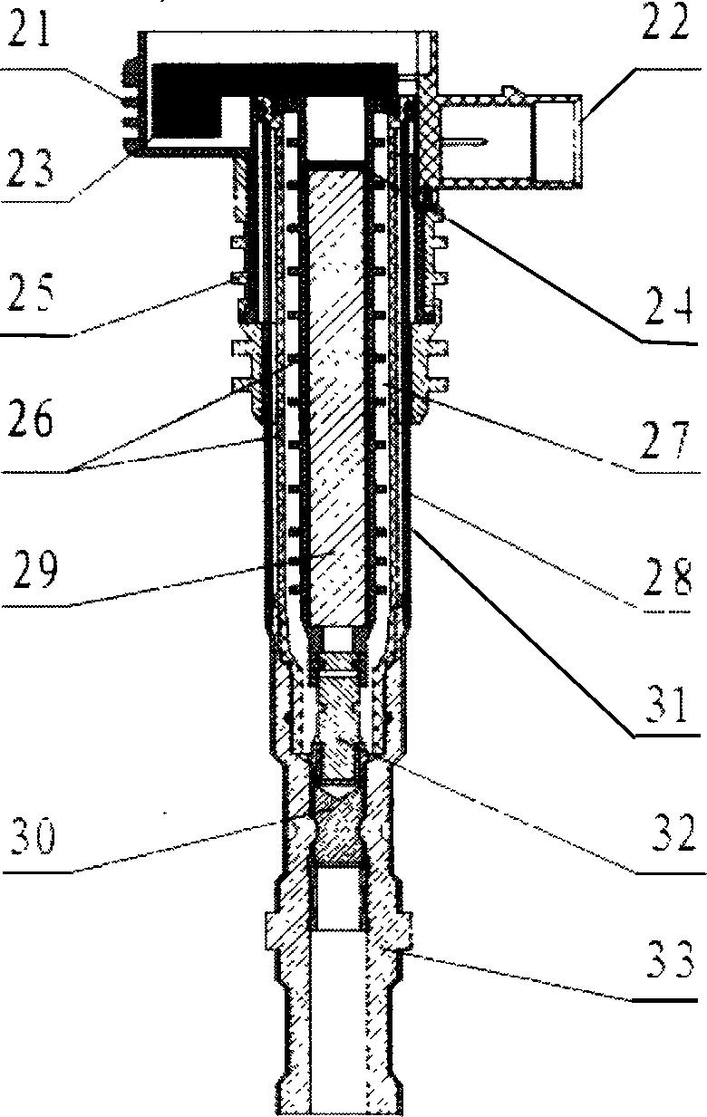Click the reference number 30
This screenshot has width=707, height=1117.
[33, 835]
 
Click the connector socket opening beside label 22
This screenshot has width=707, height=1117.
[557, 140]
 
